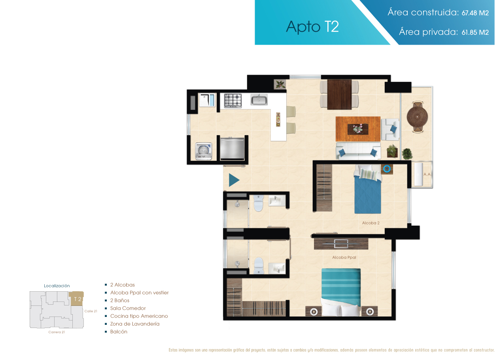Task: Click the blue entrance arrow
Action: [233, 180]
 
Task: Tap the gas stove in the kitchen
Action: [233, 100]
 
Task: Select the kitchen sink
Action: [259, 100]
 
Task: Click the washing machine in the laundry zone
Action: [204, 151]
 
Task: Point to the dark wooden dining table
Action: [339, 94]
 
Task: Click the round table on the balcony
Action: [417, 117]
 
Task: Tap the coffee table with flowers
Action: [358, 129]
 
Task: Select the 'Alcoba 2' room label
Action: [371, 223]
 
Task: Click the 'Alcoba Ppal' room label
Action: [344, 257]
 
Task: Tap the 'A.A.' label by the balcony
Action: [427, 174]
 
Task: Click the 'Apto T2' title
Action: [312, 26]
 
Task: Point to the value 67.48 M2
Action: [475, 13]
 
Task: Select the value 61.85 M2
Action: [475, 33]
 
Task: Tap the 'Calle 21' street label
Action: [91, 311]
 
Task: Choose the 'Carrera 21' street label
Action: [57, 332]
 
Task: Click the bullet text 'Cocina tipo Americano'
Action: [139, 316]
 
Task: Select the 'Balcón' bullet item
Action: [119, 332]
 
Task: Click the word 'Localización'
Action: [57, 286]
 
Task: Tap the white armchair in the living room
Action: [390, 129]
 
